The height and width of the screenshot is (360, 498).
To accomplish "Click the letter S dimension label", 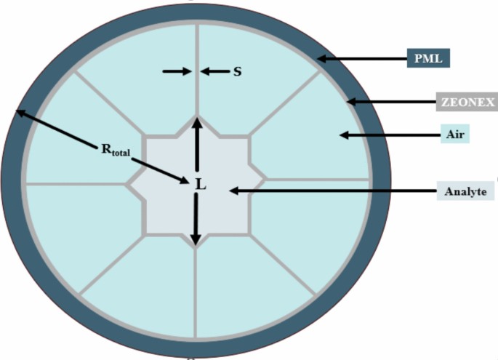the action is click(x=237, y=71).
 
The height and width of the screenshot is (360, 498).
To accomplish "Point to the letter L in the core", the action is click(x=201, y=185).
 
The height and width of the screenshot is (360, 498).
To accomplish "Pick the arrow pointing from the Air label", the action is click(x=378, y=135).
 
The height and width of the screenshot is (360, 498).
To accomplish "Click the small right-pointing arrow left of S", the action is click(x=177, y=71).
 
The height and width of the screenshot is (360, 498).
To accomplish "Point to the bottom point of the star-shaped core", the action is click(x=196, y=248).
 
